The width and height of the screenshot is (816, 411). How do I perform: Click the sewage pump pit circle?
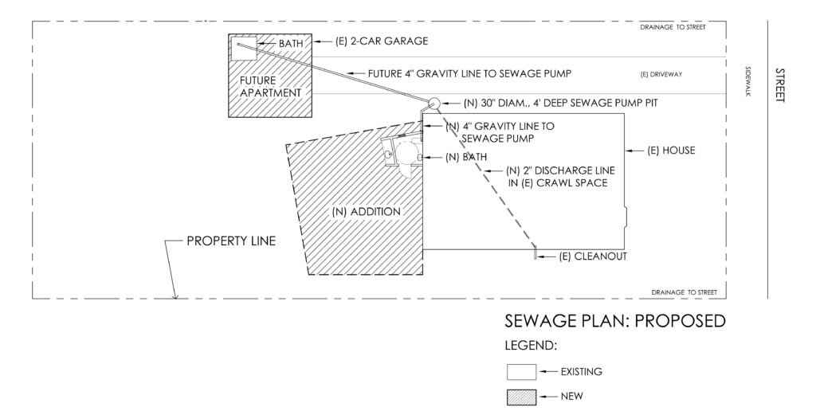tap(433, 104)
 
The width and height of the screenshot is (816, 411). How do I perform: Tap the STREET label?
tap(779, 84)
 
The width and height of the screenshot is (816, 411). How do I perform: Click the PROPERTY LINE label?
tap(230, 241)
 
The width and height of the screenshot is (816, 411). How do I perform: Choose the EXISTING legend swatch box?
tap(521, 371)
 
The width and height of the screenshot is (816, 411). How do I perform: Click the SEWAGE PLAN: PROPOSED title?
tap(614, 322)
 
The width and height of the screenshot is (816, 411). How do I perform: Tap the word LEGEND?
tap(532, 346)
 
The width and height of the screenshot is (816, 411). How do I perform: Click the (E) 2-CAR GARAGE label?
tap(371, 40)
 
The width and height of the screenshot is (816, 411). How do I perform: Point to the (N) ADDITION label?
tap(366, 212)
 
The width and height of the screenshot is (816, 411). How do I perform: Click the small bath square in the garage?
tap(243, 46)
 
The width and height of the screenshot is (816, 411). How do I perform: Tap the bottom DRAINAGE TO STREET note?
tap(683, 292)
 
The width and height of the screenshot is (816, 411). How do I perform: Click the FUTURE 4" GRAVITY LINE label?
tap(470, 73)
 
